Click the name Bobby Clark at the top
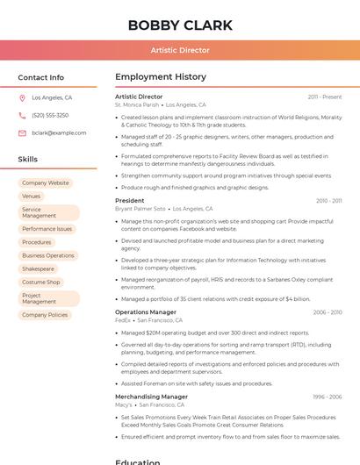pyautogui.click(x=180, y=25)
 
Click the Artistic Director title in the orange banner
pyautogui.click(x=180, y=50)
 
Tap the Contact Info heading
pyautogui.click(x=41, y=77)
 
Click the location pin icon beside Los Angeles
pyautogui.click(x=22, y=98)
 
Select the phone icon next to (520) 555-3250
pyautogui.click(x=22, y=116)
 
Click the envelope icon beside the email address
pyautogui.click(x=22, y=133)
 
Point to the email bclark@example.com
pyautogui.click(x=59, y=133)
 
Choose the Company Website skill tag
pyautogui.click(x=46, y=183)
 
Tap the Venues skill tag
pyautogui.click(x=32, y=197)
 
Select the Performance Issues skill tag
pyautogui.click(x=47, y=229)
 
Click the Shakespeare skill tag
pyautogui.click(x=39, y=268)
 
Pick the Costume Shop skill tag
pyautogui.click(x=41, y=283)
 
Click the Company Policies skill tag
pyautogui.click(x=45, y=315)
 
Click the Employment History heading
pyautogui.click(x=161, y=77)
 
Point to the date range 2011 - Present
pyautogui.click(x=325, y=97)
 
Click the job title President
pyautogui.click(x=130, y=201)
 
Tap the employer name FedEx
pyautogui.click(x=123, y=320)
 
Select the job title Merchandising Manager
pyautogui.click(x=151, y=397)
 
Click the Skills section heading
pyautogui.click(x=28, y=160)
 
